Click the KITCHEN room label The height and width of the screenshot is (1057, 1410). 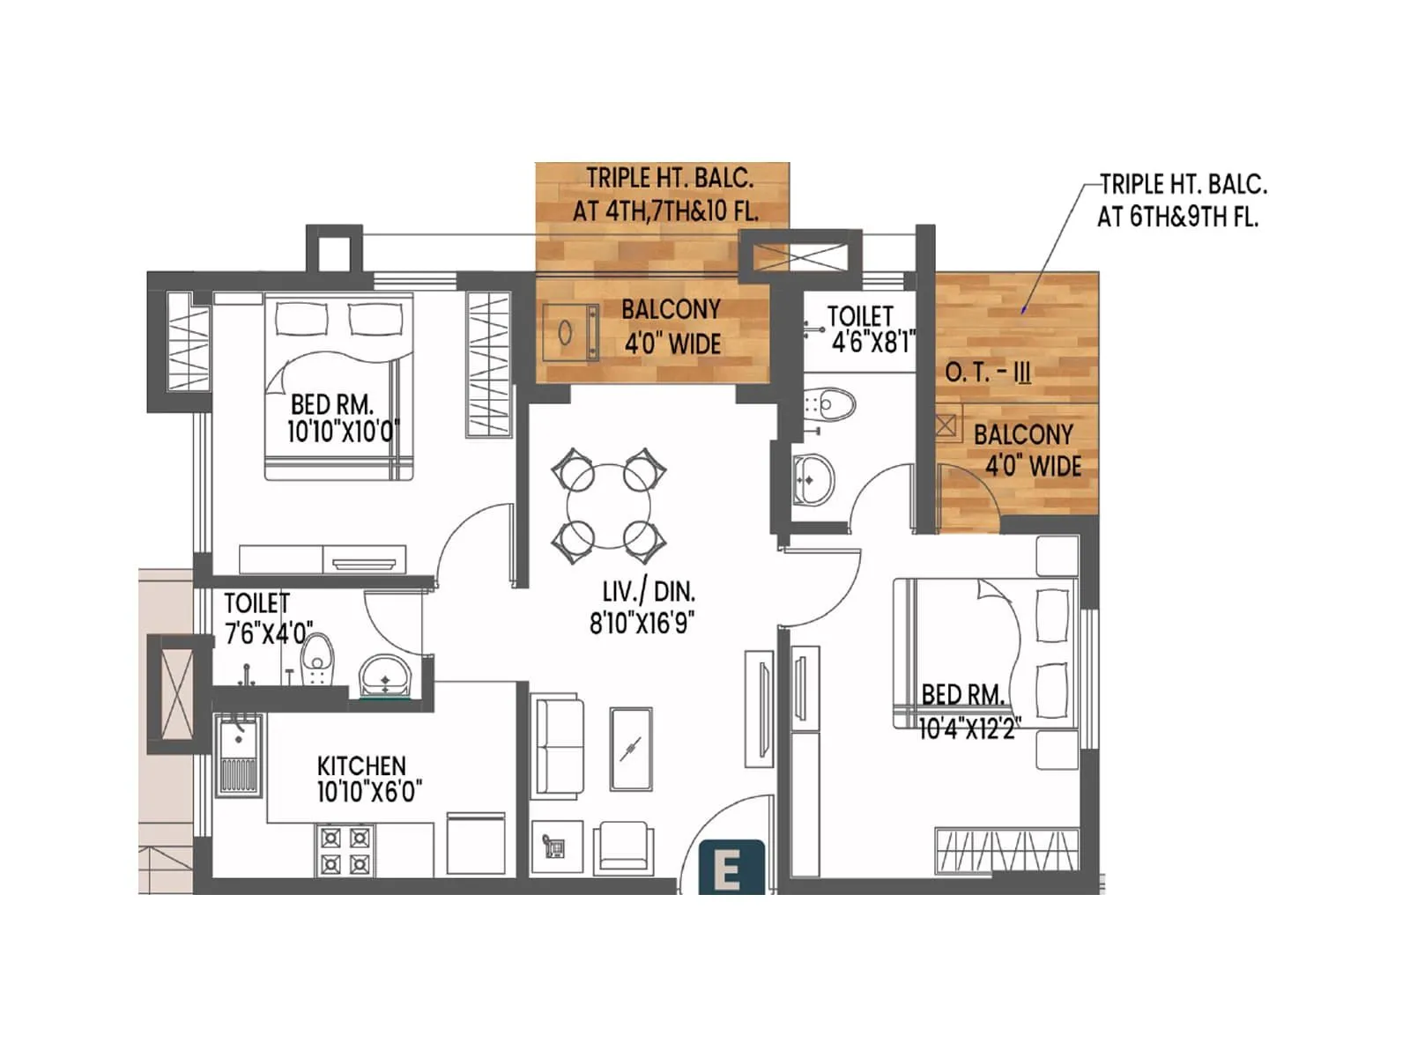tap(361, 765)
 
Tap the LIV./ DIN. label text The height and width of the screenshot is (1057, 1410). tap(649, 591)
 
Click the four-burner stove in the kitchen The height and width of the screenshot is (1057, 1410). tap(345, 850)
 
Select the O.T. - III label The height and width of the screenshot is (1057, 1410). tap(987, 373)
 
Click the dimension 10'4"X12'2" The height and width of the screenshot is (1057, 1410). tap(968, 729)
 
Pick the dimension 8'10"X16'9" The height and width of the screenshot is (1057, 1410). tap(642, 623)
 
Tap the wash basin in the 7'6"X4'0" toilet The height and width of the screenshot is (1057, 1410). tap(384, 676)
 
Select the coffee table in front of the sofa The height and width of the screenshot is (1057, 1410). tap(631, 750)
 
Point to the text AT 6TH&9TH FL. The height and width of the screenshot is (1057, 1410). tap(1176, 218)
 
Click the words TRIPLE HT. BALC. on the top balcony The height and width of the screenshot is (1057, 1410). tap(670, 179)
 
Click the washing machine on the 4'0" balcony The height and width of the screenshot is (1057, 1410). tap(569, 333)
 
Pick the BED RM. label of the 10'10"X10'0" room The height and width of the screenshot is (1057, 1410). tap(332, 405)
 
